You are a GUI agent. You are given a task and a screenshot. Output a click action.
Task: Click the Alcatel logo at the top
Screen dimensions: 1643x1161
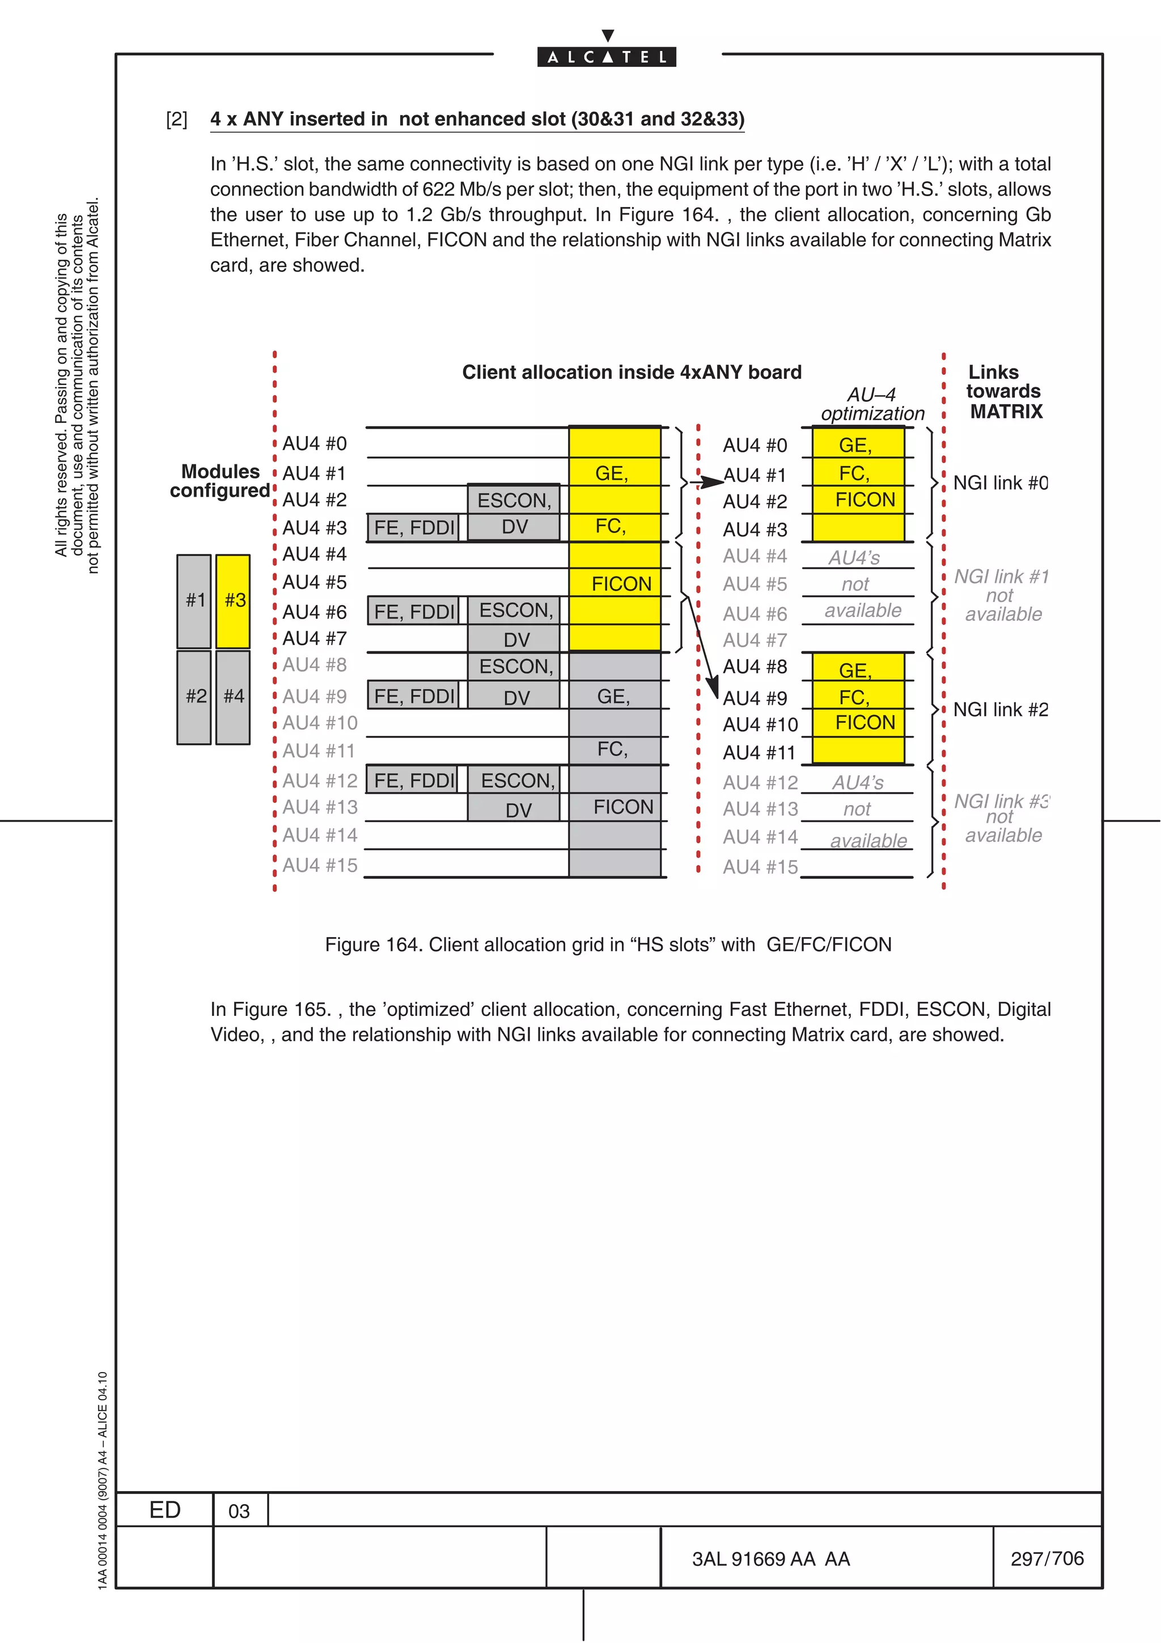point(607,56)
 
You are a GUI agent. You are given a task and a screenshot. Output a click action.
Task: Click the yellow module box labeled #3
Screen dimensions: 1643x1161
point(233,600)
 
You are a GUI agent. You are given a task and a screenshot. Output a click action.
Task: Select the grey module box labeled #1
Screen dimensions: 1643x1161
point(194,600)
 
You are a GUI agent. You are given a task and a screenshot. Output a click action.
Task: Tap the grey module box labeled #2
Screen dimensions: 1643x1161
point(194,696)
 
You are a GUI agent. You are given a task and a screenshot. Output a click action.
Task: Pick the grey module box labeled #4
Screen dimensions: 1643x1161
point(233,696)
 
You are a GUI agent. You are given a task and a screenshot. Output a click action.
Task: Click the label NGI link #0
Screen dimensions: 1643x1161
point(1000,483)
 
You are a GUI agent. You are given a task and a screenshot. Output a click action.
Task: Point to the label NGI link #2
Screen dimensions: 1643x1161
point(1000,710)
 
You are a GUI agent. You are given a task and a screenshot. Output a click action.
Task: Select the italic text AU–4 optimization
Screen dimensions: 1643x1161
point(872,404)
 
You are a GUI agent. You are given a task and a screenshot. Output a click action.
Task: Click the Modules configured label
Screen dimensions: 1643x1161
point(221,481)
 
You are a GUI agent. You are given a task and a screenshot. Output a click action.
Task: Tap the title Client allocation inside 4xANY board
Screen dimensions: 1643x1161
point(632,372)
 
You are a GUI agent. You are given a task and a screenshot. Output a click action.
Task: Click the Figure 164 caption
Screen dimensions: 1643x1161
point(608,945)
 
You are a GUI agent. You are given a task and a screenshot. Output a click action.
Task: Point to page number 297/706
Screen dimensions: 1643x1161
point(1046,1559)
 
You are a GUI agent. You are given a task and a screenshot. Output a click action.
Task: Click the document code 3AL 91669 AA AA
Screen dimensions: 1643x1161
point(770,1559)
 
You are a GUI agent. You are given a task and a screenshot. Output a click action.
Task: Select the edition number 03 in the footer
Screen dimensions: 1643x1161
point(239,1511)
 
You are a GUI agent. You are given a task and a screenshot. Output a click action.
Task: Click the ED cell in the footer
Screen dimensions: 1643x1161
point(164,1510)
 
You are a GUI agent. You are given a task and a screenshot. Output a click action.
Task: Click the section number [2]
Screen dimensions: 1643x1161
point(177,120)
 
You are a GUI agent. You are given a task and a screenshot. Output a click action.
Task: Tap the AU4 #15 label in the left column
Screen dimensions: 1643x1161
point(319,866)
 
